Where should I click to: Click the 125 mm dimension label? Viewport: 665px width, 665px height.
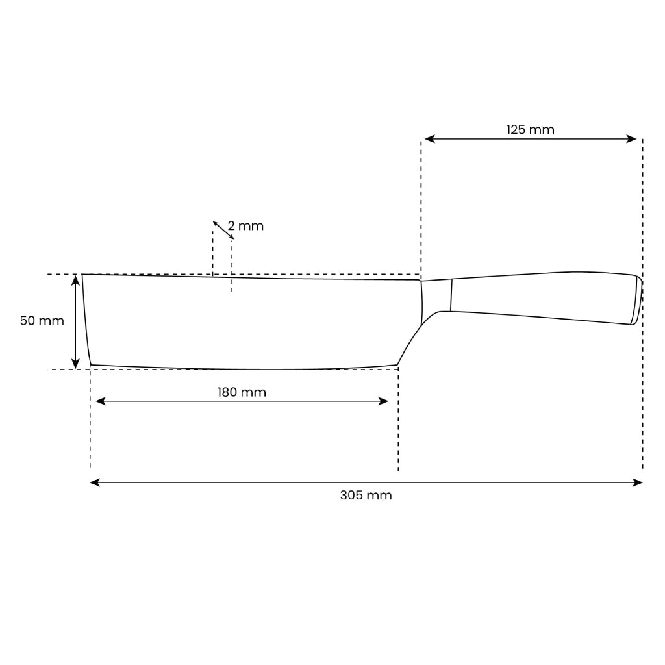(530, 129)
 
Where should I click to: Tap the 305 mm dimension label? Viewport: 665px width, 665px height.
(366, 495)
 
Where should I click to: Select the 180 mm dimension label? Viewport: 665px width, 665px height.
(242, 392)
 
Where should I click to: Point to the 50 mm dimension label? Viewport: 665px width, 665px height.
(42, 321)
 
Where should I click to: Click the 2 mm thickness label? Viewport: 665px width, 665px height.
(245, 225)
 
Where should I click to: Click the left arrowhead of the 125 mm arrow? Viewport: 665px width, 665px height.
(430, 139)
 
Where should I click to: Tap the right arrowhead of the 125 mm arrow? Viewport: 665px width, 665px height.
(631, 139)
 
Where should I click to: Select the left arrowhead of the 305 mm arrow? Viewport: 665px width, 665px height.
(95, 483)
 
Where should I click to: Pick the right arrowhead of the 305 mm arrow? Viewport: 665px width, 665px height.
(638, 483)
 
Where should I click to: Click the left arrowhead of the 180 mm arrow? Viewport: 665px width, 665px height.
(101, 401)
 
